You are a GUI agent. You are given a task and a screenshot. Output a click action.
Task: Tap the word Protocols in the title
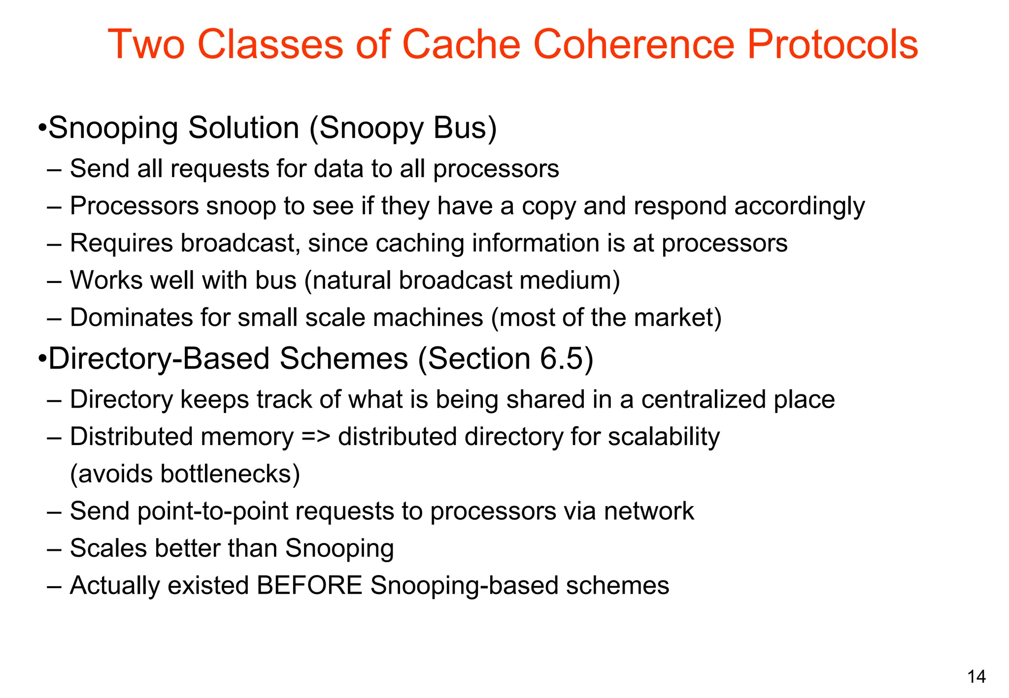coord(832,44)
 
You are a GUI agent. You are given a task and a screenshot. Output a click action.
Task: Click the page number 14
coord(976,677)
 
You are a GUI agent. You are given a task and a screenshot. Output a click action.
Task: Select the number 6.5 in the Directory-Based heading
coord(561,358)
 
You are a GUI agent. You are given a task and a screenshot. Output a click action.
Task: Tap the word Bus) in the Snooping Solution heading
coord(465,128)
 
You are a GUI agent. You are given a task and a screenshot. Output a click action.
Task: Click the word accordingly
coord(799,206)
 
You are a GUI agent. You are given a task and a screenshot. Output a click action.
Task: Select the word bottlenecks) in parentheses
coord(230,474)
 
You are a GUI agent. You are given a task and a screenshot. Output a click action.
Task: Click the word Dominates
coord(132,317)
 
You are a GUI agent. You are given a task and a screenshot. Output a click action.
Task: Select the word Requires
coord(121,243)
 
